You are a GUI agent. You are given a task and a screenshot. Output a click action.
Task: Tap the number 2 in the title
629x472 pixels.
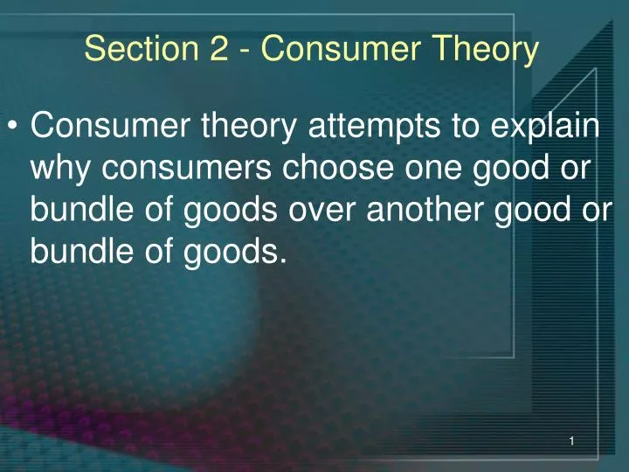click(219, 50)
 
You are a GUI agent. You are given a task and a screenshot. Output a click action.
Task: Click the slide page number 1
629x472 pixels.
click(570, 443)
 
